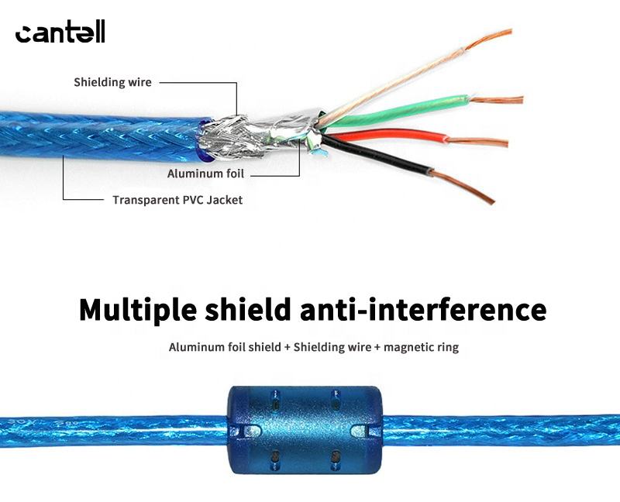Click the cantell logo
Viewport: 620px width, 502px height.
(x=60, y=33)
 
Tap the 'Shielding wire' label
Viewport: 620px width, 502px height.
(x=112, y=82)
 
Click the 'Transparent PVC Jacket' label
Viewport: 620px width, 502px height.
(x=177, y=200)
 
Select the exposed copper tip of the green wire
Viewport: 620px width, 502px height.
(x=496, y=100)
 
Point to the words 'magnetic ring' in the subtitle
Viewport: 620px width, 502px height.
(x=422, y=347)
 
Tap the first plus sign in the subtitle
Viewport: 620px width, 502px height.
(x=287, y=347)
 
